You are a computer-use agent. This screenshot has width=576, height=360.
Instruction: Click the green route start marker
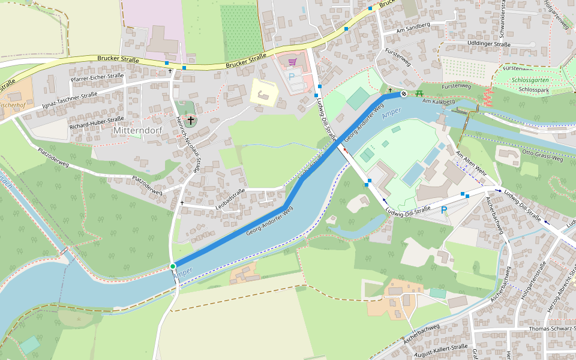pyautogui.click(x=173, y=266)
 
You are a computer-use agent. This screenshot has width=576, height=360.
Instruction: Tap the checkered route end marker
pyautogui.click(x=404, y=93)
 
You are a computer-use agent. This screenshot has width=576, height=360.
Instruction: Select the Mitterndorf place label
pyautogui.click(x=139, y=130)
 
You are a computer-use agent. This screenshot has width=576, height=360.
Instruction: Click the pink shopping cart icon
pyautogui.click(x=292, y=62)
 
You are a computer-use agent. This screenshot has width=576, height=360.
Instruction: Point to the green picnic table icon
pyautogui.click(x=419, y=92)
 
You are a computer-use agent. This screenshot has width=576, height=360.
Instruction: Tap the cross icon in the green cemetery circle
pyautogui.click(x=191, y=121)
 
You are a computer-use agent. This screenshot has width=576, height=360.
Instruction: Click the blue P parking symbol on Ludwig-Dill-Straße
pyautogui.click(x=444, y=210)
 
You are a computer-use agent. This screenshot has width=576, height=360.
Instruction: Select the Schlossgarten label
pyautogui.click(x=532, y=80)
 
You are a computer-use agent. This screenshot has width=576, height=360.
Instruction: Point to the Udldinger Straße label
pyautogui.click(x=490, y=44)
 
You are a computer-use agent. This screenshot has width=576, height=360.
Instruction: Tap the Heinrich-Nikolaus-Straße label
pyautogui.click(x=187, y=144)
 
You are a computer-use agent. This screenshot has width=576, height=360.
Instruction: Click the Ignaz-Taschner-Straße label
pyautogui.click(x=70, y=101)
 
